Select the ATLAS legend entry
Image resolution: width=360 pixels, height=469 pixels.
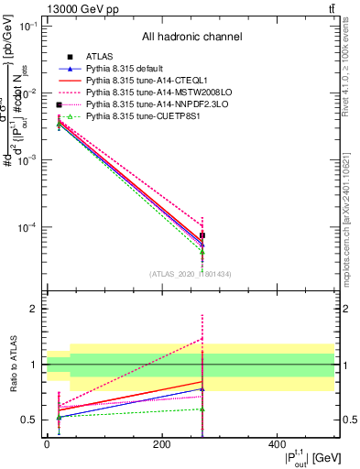(x=100, y=57)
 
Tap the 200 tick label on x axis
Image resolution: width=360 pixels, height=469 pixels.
(x=161, y=444)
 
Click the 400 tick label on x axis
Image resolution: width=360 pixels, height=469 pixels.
(x=276, y=444)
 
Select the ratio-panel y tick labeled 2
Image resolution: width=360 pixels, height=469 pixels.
(x=33, y=310)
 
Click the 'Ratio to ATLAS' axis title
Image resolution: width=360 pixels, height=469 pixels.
(x=12, y=364)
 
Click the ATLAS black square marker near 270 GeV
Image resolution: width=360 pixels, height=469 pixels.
(x=202, y=235)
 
